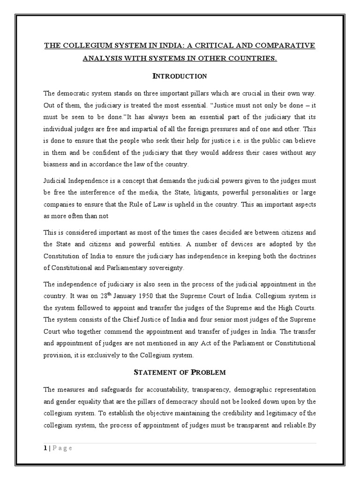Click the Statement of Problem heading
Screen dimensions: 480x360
[x=180, y=372]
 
